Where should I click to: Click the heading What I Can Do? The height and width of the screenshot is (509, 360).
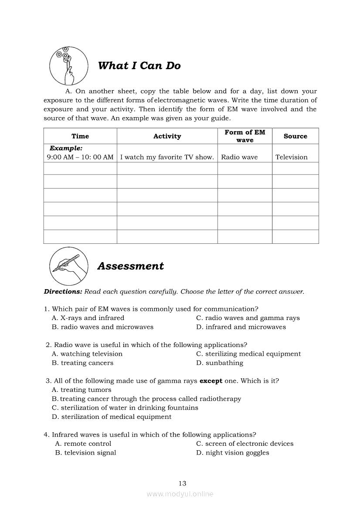(139, 66)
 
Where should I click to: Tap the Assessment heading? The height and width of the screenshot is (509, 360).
(130, 266)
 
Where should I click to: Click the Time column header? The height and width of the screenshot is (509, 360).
(80, 136)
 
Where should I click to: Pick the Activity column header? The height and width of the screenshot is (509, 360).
(167, 136)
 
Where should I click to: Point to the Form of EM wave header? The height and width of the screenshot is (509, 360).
(245, 136)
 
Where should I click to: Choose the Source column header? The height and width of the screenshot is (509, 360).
(295, 136)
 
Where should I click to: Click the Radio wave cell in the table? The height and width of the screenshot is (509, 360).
(239, 157)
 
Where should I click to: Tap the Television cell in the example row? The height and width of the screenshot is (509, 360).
(291, 157)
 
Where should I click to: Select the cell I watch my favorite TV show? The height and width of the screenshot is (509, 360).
(167, 157)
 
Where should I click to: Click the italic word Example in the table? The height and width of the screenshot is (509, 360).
(66, 148)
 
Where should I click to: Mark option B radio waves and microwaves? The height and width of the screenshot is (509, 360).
(102, 327)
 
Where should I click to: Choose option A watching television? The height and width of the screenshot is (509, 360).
(87, 354)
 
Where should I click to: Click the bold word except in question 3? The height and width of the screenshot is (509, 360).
(211, 381)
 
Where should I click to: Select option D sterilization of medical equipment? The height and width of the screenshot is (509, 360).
(112, 417)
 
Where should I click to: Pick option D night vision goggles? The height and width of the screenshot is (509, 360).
(232, 453)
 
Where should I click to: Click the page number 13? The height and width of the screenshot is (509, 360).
(182, 483)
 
